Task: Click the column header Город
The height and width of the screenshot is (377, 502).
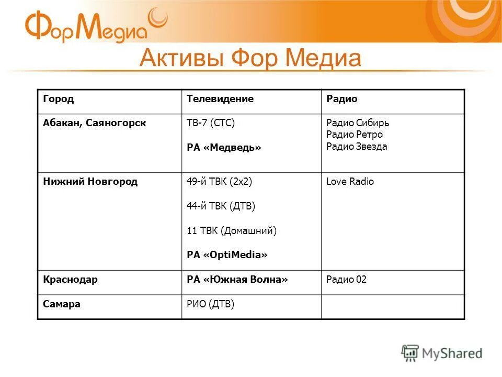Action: coord(58,99)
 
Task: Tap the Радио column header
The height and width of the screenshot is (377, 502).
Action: coord(341,99)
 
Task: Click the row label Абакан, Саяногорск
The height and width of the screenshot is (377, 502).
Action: coord(94,123)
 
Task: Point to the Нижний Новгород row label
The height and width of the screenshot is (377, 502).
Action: coord(90,182)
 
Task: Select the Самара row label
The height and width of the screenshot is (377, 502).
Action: coord(62,304)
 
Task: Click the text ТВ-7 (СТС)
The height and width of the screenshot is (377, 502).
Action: coord(211,123)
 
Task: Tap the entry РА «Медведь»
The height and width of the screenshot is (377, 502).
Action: coord(224,148)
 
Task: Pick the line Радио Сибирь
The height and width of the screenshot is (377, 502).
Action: coord(358,123)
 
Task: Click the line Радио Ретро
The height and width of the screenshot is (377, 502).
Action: coord(355,135)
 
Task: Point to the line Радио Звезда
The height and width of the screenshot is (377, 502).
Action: coord(357,147)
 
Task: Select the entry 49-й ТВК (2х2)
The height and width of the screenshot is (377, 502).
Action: coord(219,182)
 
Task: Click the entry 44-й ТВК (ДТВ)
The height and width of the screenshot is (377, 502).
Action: coord(221,206)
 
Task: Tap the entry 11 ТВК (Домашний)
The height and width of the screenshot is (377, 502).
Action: coord(231,230)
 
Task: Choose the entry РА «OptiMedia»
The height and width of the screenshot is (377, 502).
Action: coord(227,255)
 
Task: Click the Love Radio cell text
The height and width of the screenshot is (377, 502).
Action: coord(350,182)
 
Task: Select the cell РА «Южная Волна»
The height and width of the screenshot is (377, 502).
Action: coord(237,280)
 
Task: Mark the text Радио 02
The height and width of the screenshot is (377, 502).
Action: coord(346,280)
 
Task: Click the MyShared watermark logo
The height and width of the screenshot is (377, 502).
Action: coord(442,353)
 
